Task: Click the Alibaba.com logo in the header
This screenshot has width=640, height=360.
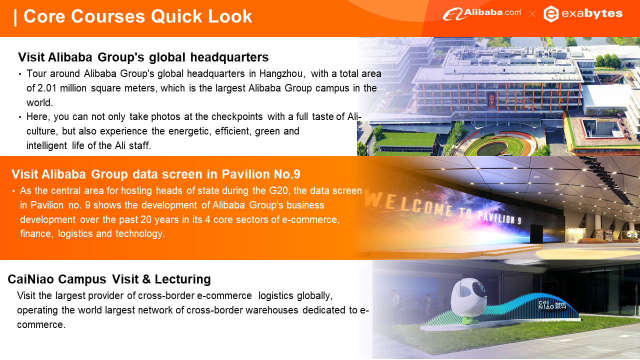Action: tap(482, 13)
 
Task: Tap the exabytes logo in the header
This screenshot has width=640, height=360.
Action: tap(583, 13)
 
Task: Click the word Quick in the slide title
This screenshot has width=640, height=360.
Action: tap(176, 16)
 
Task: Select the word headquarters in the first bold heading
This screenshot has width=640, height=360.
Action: tap(229, 57)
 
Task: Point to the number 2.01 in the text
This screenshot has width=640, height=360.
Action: tap(47, 88)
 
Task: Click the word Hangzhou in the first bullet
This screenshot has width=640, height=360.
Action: tap(281, 73)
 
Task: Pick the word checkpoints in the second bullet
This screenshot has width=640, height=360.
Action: tap(237, 116)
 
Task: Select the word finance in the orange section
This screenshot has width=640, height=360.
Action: tap(35, 233)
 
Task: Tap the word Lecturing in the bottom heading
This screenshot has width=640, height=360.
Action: tap(182, 279)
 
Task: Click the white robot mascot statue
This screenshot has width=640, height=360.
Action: tap(468, 301)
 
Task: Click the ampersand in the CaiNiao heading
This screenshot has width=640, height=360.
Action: tap(146, 279)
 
